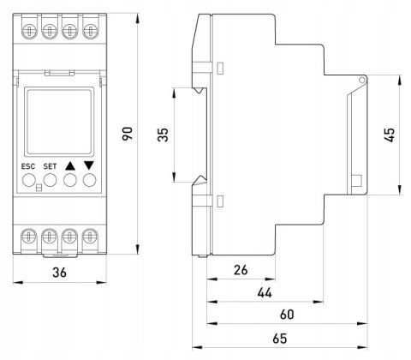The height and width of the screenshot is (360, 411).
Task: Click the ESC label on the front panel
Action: click(x=28, y=166)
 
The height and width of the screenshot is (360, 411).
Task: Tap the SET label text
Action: click(x=50, y=166)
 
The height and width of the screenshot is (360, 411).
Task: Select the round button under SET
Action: click(x=50, y=180)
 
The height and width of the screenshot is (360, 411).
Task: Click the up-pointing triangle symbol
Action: click(x=70, y=166)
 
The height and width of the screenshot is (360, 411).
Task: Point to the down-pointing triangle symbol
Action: click(x=89, y=165)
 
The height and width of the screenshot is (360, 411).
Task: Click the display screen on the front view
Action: click(x=59, y=122)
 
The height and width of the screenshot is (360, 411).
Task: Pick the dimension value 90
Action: click(x=128, y=134)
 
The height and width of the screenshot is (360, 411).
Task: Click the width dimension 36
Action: click(x=59, y=273)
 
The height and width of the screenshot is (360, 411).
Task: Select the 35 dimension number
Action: click(x=163, y=135)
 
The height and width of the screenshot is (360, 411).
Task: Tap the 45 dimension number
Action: click(x=390, y=135)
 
